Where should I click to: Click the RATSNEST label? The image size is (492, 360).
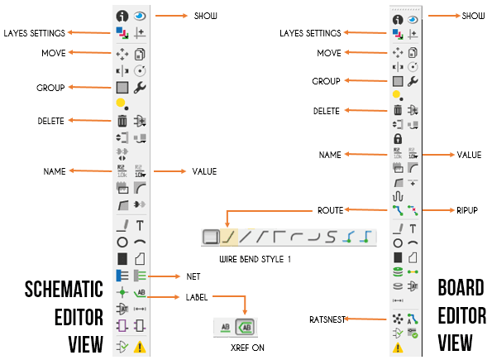[x=327, y=319]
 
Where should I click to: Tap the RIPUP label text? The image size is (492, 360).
[x=467, y=210]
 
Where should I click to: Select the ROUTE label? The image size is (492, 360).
[x=331, y=210]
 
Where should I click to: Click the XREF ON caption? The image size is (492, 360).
[x=247, y=348]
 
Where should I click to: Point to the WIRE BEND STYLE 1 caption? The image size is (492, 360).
[x=255, y=259]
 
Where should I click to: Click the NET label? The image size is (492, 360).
[x=193, y=276]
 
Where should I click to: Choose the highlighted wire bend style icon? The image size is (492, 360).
[x=229, y=237]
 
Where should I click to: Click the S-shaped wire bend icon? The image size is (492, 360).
[x=331, y=237]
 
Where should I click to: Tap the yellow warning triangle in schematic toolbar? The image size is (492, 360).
[x=140, y=347]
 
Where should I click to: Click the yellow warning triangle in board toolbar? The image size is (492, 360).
[x=398, y=348]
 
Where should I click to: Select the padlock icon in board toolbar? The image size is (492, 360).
[x=398, y=138]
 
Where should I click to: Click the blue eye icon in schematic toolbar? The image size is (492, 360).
[x=140, y=16]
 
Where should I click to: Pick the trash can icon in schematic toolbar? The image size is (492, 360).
[x=122, y=121]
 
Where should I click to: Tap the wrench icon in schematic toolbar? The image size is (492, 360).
[x=140, y=88]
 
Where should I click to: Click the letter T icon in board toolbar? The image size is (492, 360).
[x=413, y=228]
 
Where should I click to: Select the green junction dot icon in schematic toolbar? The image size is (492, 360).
[x=122, y=292]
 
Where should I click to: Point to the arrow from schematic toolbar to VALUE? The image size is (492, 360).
[x=170, y=171]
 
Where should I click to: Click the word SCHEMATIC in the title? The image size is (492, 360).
[x=64, y=289]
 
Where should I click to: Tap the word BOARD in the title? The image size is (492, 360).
[x=461, y=287]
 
